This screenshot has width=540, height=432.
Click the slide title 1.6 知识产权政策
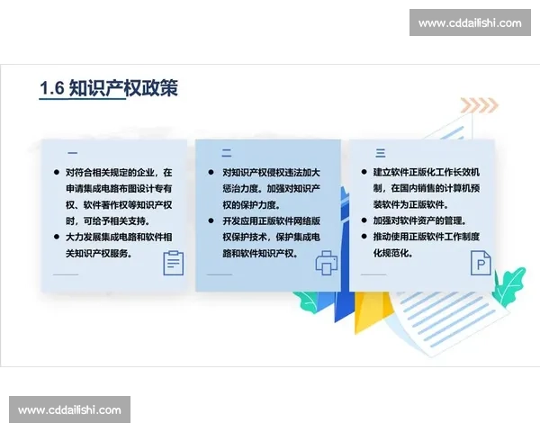point(109,87)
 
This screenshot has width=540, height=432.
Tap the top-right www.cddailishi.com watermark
point(470,22)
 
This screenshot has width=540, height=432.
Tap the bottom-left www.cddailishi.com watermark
point(70,410)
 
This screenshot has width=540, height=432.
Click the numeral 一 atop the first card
point(72,153)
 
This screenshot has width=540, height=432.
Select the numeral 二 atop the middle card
point(227,153)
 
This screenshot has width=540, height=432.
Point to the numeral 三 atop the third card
point(381,153)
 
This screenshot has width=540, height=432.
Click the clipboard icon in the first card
point(173,263)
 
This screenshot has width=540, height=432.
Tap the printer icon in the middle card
point(326,263)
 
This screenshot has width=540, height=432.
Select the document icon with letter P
point(479,263)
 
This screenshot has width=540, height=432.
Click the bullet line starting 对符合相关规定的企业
point(119,172)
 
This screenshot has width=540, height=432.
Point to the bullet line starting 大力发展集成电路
point(119,237)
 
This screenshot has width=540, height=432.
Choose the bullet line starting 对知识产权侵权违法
point(271,172)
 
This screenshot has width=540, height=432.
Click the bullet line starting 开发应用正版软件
point(271,220)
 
